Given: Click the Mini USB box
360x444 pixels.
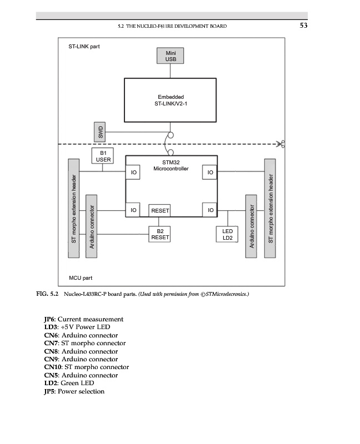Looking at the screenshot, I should pyautogui.click(x=171, y=56).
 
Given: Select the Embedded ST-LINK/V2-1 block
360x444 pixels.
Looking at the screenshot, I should pyautogui.click(x=170, y=100).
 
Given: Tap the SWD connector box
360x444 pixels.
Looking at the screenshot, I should pyautogui.click(x=101, y=132).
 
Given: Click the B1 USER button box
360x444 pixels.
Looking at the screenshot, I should pyautogui.click(x=103, y=155).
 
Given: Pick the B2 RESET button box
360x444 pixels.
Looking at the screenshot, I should pyautogui.click(x=159, y=234).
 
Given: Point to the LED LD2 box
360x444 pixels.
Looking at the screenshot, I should pyautogui.click(x=227, y=234).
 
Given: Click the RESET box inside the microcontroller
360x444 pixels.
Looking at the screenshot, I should pyautogui.click(x=160, y=211).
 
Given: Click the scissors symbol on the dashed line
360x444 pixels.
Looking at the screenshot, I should pyautogui.click(x=282, y=144).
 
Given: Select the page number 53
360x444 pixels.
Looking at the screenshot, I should pyautogui.click(x=303, y=26).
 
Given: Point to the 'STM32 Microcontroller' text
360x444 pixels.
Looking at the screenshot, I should pyautogui.click(x=171, y=165).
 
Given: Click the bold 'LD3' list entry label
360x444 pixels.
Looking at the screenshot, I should pyautogui.click(x=51, y=327).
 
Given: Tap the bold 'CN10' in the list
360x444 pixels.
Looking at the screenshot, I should pyautogui.click(x=53, y=367).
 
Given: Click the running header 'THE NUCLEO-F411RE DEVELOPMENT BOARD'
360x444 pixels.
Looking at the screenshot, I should pyautogui.click(x=177, y=27).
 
